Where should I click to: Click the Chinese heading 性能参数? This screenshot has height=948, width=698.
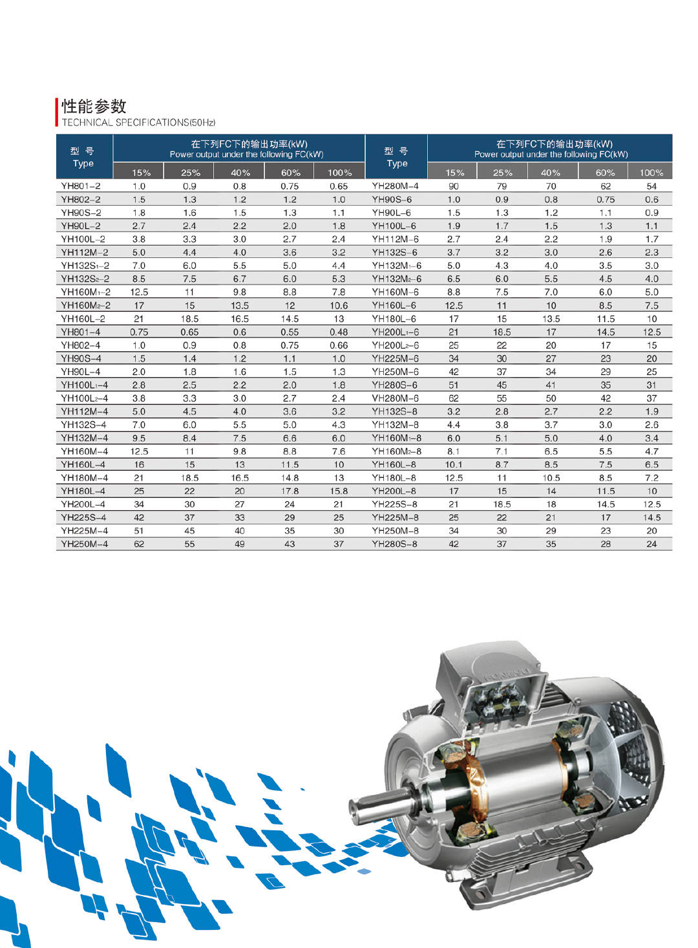coord(94,106)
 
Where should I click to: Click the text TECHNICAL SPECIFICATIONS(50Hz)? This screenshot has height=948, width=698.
coord(139,123)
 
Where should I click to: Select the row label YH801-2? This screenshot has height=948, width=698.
coord(81,186)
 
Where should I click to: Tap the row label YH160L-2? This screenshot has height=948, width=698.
coord(83,319)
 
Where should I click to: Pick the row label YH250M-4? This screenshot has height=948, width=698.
coord(85,544)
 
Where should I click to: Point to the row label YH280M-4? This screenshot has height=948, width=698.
coord(395,186)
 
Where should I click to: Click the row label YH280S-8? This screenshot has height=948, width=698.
coord(394,544)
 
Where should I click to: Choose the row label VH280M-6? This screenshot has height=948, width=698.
coord(395,398)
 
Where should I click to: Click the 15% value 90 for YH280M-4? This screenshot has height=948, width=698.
coord(454,186)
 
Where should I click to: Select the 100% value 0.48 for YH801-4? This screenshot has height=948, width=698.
coord(339,332)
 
